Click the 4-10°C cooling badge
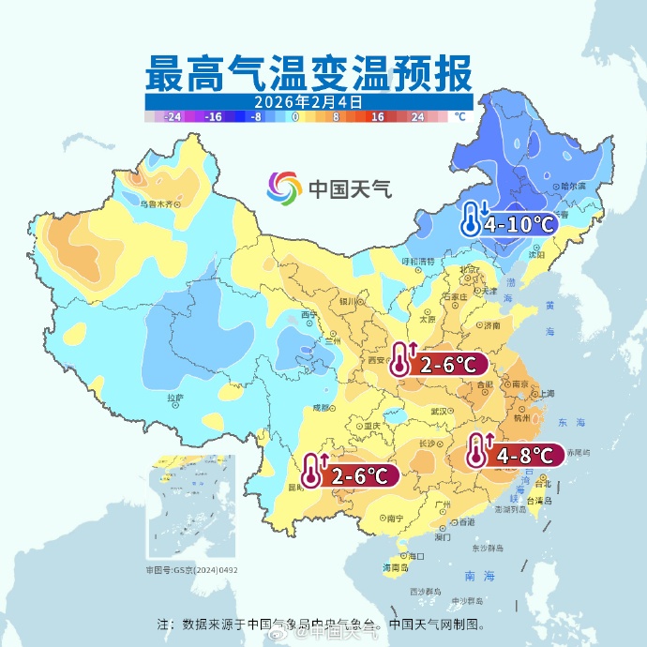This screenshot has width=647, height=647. pyautogui.click(x=507, y=223)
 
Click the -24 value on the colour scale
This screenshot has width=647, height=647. pyautogui.click(x=172, y=117)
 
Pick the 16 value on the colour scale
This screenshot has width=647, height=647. pyautogui.click(x=378, y=117)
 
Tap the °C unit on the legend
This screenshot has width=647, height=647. pyautogui.click(x=459, y=117)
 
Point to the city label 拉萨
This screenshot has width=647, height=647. pyautogui.click(x=175, y=399)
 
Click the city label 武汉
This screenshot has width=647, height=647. pyautogui.click(x=439, y=411)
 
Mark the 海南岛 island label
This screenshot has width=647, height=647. pyautogui.click(x=396, y=568)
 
